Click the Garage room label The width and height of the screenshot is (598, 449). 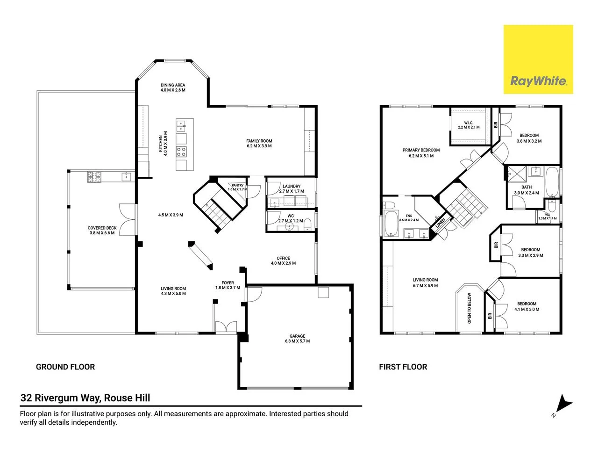click(297, 336)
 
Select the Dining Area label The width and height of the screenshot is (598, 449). click(173, 85)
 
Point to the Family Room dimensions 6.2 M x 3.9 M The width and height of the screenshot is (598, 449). click(259, 146)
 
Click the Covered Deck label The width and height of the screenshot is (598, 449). click(102, 228)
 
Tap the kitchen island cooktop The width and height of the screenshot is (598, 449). click(181, 152)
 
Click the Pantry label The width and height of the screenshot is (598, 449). click(237, 185)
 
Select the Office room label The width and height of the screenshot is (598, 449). click(283, 258)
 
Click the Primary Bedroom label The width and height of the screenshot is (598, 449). click(421, 150)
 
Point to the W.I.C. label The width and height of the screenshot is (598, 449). click(468, 123)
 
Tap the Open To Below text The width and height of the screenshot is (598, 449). click(469, 308)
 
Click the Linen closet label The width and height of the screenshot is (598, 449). click(440, 223)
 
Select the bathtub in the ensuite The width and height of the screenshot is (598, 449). click(391, 223)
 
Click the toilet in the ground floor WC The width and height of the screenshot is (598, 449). click(307, 224)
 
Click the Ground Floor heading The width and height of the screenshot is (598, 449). click(65, 367)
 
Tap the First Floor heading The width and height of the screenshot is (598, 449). click(403, 367)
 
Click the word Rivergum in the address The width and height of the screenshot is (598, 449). click(57, 398)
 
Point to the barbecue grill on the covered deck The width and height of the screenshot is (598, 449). click(94, 177)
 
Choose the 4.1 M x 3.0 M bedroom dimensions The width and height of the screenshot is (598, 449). click(527, 310)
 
